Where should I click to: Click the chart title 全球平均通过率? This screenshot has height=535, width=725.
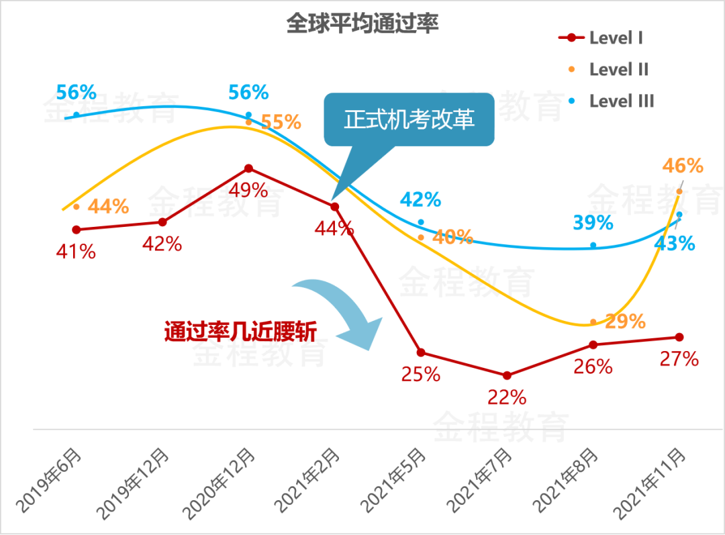[x=362, y=24]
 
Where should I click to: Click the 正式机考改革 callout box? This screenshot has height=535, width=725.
[x=409, y=119]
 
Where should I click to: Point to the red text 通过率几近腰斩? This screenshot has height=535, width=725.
[x=240, y=332]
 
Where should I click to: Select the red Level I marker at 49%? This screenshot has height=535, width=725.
[x=249, y=168]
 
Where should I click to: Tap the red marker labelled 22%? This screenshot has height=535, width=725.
[x=507, y=375]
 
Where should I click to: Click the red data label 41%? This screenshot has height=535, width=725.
[x=76, y=252]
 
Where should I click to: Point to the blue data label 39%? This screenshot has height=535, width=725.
[x=593, y=223]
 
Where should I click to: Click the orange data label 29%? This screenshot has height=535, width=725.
[x=625, y=322]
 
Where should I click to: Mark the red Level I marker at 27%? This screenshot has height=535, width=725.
[x=679, y=337]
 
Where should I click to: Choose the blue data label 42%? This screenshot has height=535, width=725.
[x=420, y=199]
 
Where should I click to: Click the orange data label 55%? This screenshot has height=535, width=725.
[x=281, y=122]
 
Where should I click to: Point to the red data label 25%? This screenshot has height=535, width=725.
[x=421, y=374]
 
